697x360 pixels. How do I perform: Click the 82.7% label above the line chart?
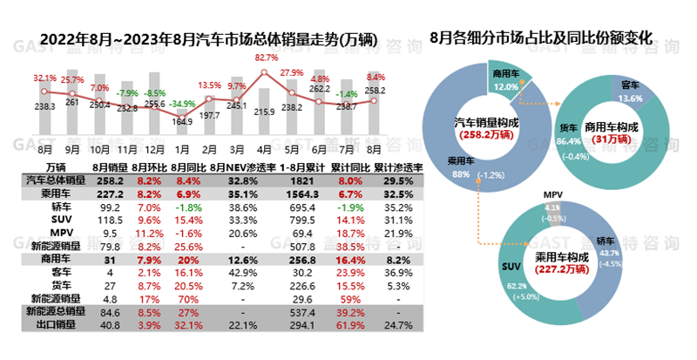pos(267,58)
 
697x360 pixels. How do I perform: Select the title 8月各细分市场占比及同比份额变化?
pos(542,38)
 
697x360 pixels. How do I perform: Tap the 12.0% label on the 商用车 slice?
pos(505,87)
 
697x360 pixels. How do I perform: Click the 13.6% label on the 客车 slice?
pos(633,98)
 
